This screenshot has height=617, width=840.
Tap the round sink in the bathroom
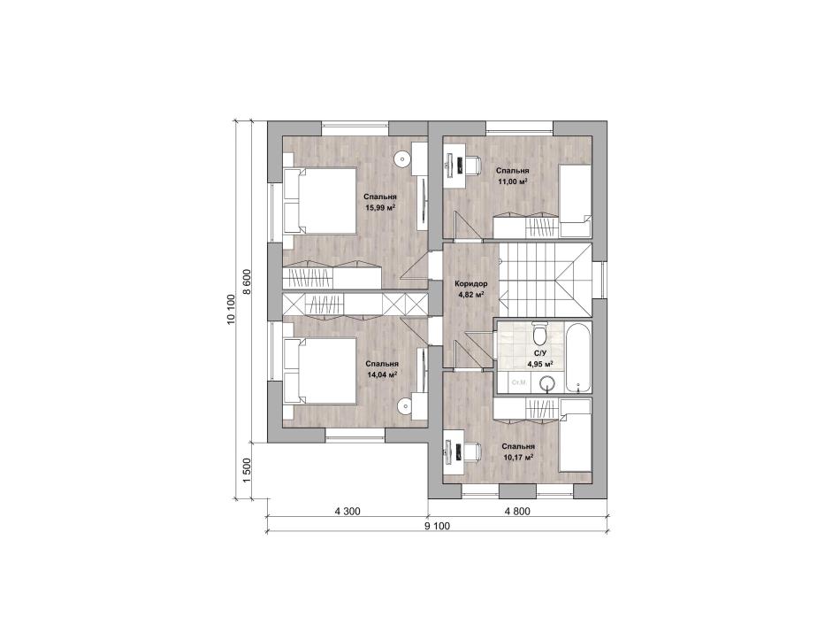[x=547, y=383]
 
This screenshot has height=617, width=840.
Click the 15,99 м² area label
[x=380, y=207]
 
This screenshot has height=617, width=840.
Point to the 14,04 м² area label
[x=382, y=375]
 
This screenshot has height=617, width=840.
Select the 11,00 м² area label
[x=513, y=181]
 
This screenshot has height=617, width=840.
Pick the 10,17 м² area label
[x=518, y=458]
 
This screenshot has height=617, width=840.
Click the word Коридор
[x=471, y=283]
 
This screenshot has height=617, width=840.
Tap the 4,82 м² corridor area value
[x=471, y=294]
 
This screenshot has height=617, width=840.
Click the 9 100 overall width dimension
[x=438, y=527]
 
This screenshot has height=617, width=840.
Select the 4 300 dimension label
[x=347, y=512]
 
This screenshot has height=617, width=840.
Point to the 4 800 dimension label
[x=517, y=512]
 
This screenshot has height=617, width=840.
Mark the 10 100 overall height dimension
[x=231, y=310]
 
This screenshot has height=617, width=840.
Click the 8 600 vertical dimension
[x=247, y=282]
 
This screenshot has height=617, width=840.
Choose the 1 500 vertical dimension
[x=247, y=471]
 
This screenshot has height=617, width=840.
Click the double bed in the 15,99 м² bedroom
[x=320, y=201]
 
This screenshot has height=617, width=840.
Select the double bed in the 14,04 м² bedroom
[x=320, y=370]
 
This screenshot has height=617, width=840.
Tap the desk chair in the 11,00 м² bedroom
[x=470, y=165]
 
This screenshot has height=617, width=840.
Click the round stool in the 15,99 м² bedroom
[x=401, y=158]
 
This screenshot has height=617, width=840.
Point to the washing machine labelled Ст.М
[x=517, y=382]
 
